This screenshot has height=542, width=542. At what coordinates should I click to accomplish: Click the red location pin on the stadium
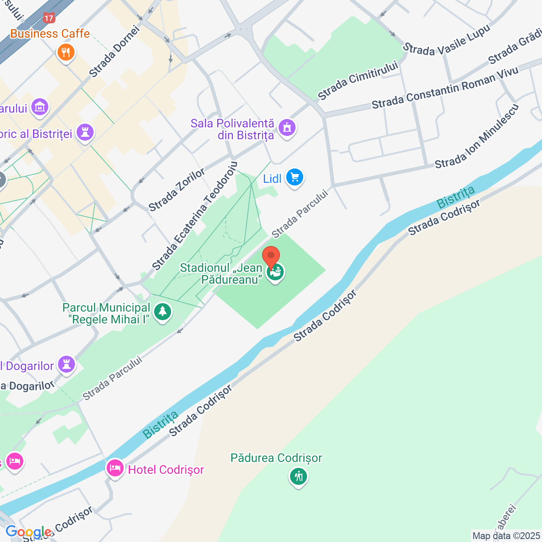tap(271, 257)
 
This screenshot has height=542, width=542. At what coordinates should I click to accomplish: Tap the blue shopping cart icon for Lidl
tap(295, 177)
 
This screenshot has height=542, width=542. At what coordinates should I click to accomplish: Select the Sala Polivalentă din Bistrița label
tap(232, 129)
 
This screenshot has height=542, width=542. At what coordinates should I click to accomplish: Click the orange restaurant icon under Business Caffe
tap(66, 53)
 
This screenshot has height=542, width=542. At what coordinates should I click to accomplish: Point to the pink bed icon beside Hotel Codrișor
tap(115, 468)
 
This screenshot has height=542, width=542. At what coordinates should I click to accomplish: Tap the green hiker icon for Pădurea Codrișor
tap(299, 477)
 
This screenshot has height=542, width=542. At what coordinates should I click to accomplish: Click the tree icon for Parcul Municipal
tap(162, 312)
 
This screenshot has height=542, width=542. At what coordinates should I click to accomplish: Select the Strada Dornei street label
tap(114, 52)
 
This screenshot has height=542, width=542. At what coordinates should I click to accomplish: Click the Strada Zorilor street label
tap(177, 189)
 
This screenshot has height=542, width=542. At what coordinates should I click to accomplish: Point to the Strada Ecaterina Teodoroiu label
tap(194, 216)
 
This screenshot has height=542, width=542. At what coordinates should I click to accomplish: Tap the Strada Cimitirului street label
tap(358, 80)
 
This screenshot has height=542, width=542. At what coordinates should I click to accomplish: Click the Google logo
tap(29, 532)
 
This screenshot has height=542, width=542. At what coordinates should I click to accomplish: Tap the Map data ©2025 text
tap(506, 536)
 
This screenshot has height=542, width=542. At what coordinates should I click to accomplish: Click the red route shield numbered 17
tap(49, 18)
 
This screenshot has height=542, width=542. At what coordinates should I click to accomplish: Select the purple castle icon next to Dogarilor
tap(66, 364)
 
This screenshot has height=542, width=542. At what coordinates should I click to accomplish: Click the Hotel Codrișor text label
tap(166, 470)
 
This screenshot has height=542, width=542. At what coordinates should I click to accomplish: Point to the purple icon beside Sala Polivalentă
tap(287, 127)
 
